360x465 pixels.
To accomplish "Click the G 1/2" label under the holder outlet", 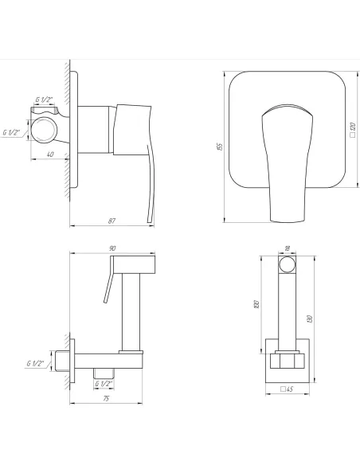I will click(x=102, y=383).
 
